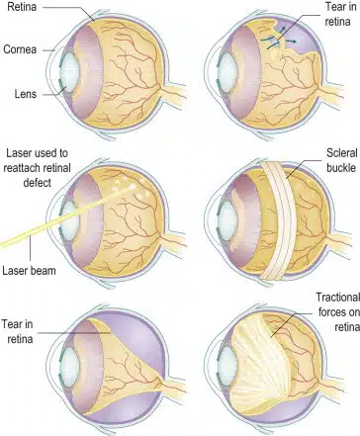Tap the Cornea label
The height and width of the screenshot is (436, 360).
click(22, 46)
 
